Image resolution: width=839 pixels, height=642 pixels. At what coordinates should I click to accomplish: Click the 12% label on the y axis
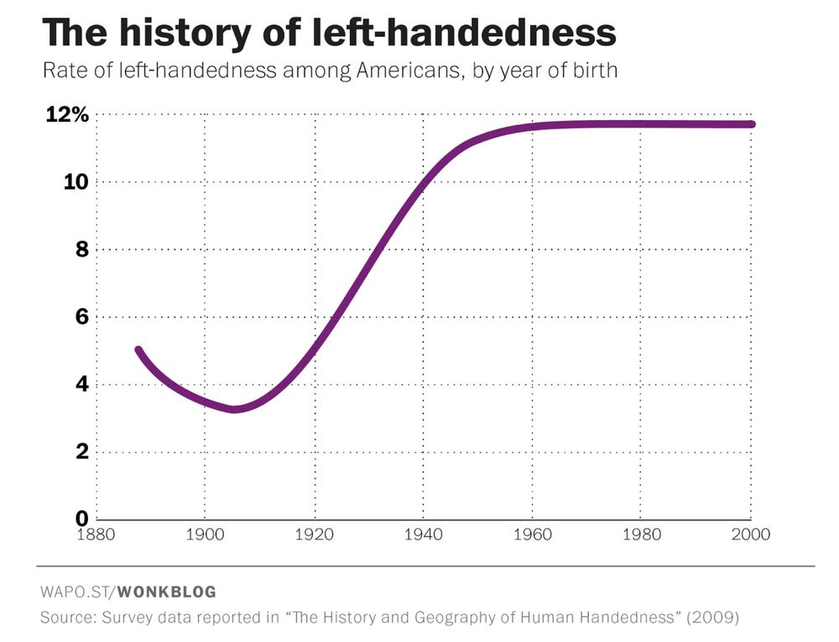66,115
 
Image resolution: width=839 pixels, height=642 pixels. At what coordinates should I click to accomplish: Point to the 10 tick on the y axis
76,182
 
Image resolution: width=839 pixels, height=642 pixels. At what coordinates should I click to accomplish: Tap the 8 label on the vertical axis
81,250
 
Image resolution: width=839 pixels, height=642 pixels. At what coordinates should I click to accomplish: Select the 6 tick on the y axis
81,317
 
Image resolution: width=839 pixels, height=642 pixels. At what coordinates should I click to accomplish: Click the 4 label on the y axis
81,385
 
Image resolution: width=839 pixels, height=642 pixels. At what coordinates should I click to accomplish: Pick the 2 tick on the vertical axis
81,452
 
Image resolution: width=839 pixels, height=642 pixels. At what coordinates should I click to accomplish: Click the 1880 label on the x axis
96,535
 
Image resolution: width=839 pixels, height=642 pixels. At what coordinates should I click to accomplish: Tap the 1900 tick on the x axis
205,535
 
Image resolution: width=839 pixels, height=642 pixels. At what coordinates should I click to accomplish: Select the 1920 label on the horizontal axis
315,535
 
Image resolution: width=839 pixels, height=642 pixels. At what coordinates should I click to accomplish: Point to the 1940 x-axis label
424,535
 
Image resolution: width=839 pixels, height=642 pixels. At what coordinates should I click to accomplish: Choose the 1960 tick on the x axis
533,535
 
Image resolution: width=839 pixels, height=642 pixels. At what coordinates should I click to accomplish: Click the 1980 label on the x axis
642,535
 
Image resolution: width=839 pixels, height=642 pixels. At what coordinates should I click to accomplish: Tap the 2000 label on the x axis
751,535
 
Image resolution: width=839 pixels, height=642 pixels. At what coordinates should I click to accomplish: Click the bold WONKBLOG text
166,592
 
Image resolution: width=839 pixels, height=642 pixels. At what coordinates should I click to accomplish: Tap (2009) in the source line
711,619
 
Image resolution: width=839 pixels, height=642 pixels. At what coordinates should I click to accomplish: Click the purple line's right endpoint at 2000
752,124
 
